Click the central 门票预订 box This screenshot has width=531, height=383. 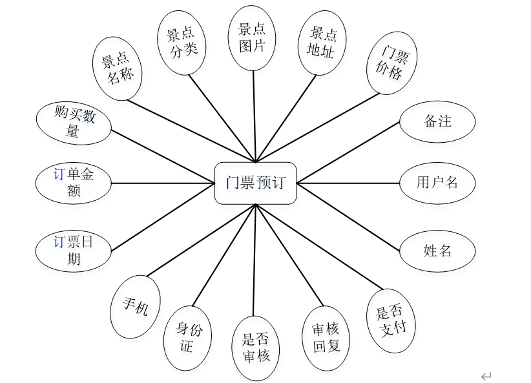pyautogui.click(x=255, y=183)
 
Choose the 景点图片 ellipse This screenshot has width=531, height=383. pyautogui.click(x=253, y=38)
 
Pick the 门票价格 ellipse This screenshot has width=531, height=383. pyautogui.click(x=391, y=63)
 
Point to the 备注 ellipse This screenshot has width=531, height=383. pyautogui.click(x=437, y=121)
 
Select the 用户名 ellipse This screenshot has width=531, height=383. pyautogui.click(x=437, y=183)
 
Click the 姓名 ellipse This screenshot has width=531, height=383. pyautogui.click(x=437, y=251)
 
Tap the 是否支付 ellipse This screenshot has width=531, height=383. pyautogui.click(x=391, y=320)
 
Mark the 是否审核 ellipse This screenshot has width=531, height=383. pyautogui.click(x=256, y=347)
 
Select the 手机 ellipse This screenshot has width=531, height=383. pyautogui.click(x=136, y=306)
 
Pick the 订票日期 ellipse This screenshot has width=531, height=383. pyautogui.click(x=74, y=251)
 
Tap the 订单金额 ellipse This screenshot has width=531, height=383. pyautogui.click(x=74, y=183)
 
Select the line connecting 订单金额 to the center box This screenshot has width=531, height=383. pyautogui.click(x=163, y=183)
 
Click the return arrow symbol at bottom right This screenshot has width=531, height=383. pyautogui.click(x=486, y=375)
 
